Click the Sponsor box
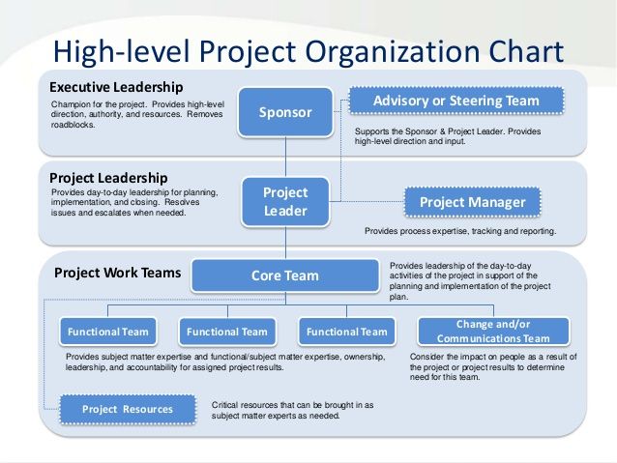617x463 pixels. pyautogui.click(x=285, y=112)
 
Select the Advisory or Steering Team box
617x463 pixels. pyautogui.click(x=456, y=101)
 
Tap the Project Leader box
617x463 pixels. pyautogui.click(x=285, y=202)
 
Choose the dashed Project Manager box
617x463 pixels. pyautogui.click(x=472, y=202)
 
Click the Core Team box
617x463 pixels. pyautogui.click(x=285, y=275)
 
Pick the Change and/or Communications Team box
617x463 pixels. pyautogui.click(x=493, y=332)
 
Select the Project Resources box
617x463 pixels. pyautogui.click(x=128, y=409)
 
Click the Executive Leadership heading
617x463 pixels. pyautogui.click(x=116, y=87)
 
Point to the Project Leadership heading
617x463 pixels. pyautogui.click(x=108, y=178)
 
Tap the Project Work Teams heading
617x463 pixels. pyautogui.click(x=117, y=273)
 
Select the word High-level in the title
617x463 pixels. pyautogui.click(x=121, y=52)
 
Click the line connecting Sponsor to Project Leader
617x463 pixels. pyautogui.click(x=285, y=157)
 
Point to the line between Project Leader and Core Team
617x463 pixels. pyautogui.click(x=285, y=243)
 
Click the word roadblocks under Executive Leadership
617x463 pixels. pyautogui.click(x=73, y=125)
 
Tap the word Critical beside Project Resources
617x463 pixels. pyautogui.click(x=224, y=405)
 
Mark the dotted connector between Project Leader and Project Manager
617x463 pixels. pyautogui.click(x=367, y=201)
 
